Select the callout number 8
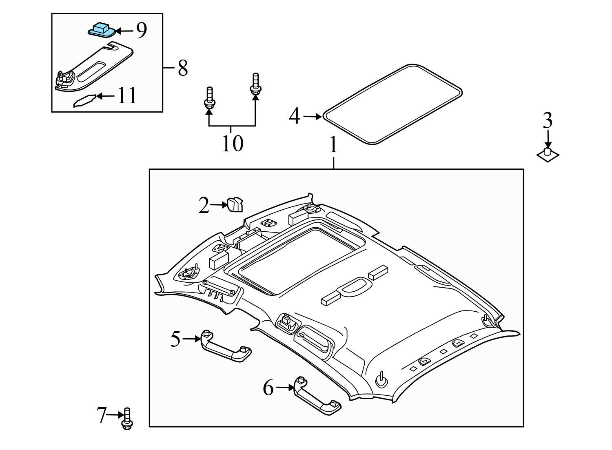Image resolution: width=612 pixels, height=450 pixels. tap(182, 68)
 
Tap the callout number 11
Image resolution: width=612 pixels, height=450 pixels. tap(127, 96)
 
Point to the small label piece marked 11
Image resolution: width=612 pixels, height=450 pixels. tap(84, 101)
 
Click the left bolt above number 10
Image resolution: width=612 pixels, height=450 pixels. tap(209, 99)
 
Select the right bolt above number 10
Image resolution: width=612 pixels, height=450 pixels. tap(255, 85)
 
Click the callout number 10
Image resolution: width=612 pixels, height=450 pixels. tap(232, 143)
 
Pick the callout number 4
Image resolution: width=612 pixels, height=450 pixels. tap(295, 117)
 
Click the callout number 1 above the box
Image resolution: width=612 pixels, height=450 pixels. tap(333, 145)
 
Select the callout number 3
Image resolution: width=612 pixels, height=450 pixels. tap(548, 121)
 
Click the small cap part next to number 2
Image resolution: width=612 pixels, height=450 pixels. tap(235, 205)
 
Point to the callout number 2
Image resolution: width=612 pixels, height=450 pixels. tap(204, 206)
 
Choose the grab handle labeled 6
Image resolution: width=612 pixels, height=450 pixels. tap(317, 396)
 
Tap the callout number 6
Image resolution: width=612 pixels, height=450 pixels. tap(268, 388)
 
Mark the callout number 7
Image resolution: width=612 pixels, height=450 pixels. tap(102, 415)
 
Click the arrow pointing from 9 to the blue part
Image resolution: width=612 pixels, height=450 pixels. tap(124, 31)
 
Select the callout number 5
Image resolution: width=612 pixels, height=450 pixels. tap(175, 339)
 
